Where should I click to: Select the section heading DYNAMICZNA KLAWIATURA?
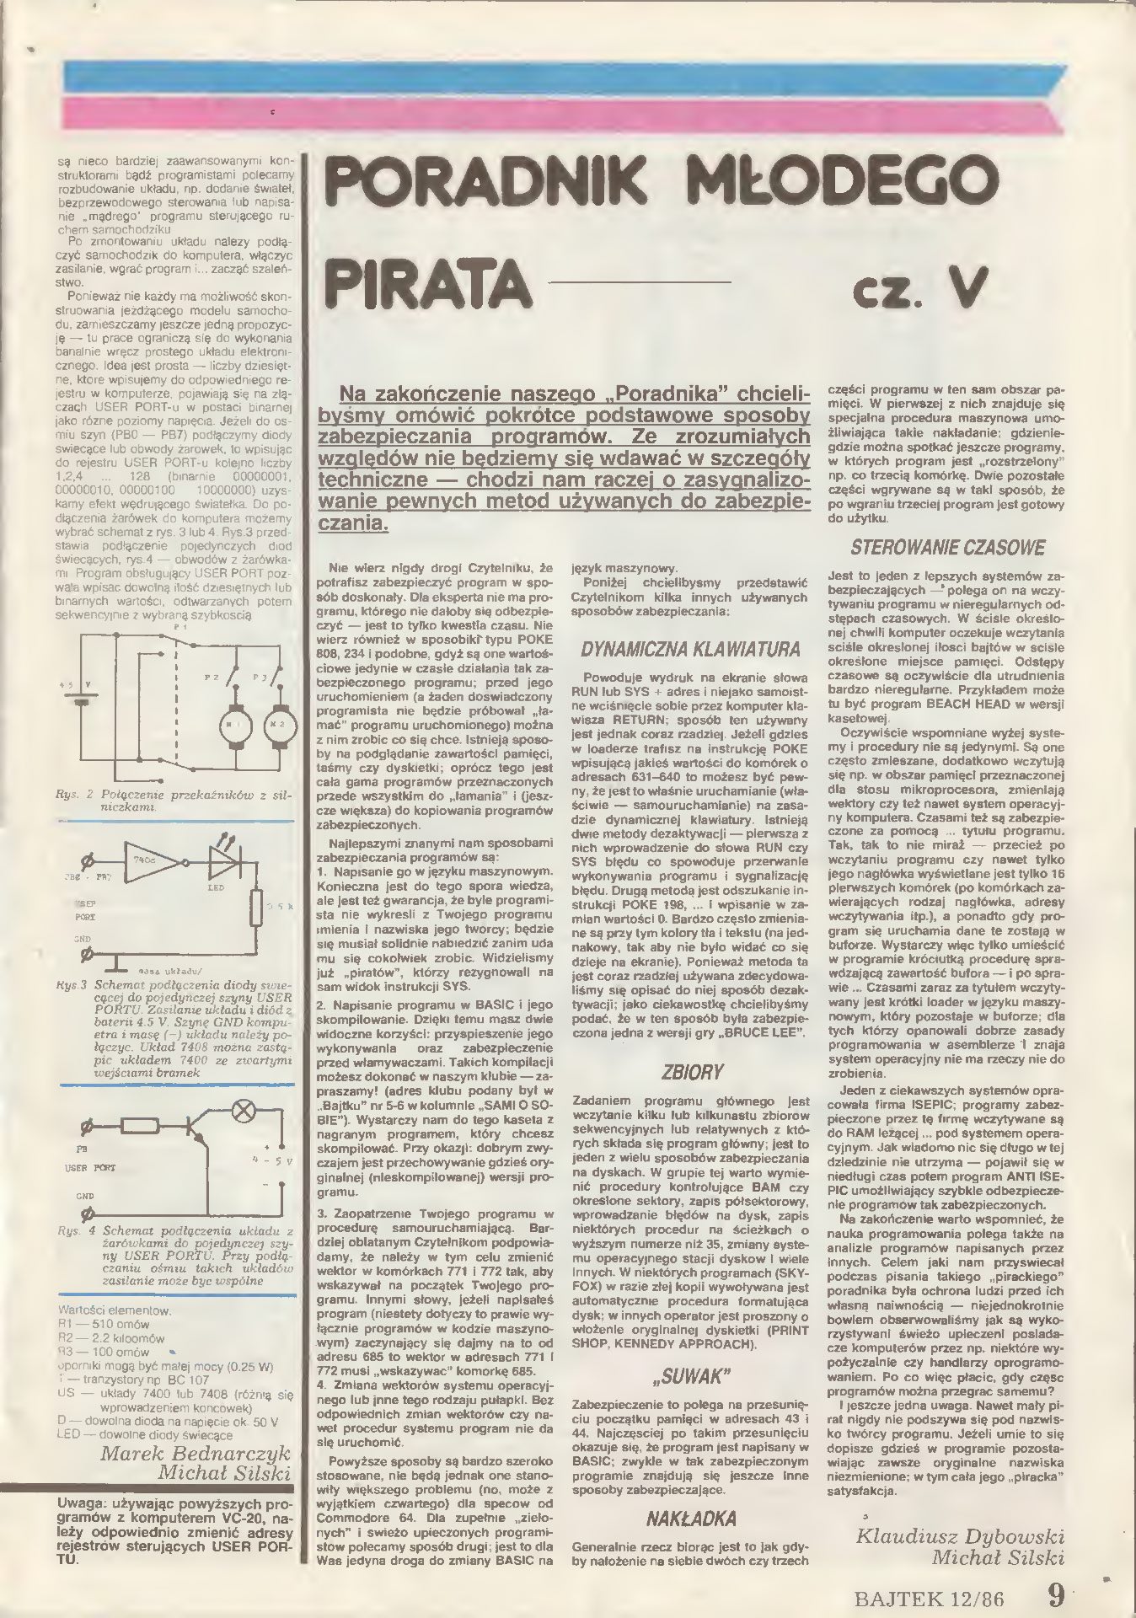point(690,650)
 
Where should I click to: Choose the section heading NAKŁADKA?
point(690,1519)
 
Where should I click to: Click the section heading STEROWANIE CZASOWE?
point(947,547)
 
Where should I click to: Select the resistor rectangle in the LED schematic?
point(258,908)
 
